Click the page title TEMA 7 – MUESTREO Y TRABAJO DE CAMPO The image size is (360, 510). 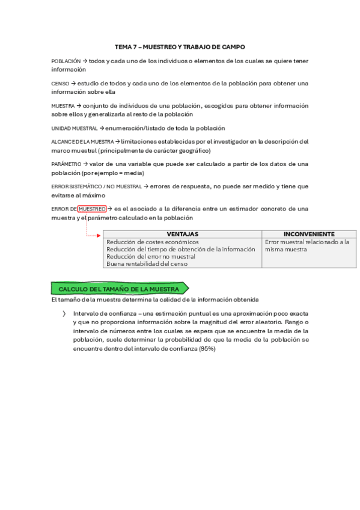(180, 46)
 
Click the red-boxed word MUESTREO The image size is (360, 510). (92, 209)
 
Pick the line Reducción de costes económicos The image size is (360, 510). (153, 242)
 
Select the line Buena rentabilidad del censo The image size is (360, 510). (147, 263)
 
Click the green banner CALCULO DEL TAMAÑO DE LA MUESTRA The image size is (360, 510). (120, 289)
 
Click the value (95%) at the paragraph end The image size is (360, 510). (207, 348)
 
